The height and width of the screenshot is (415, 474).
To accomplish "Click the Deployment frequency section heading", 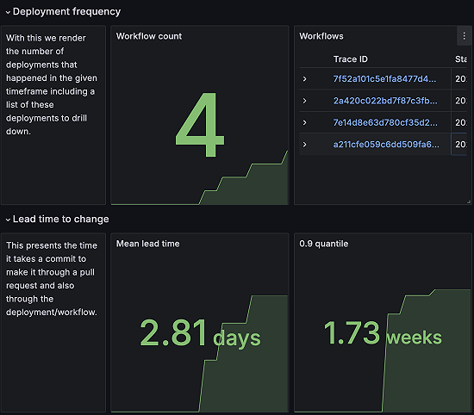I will (66, 12).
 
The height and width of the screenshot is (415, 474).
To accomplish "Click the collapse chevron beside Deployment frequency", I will (7, 12).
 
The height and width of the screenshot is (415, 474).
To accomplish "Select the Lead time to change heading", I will (60, 220).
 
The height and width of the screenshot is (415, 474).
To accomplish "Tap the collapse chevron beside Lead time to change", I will (7, 220).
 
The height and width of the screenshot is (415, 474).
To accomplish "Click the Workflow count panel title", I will (149, 36).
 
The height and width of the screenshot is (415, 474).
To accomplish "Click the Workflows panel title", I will (321, 36).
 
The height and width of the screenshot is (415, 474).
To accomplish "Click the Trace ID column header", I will (351, 59).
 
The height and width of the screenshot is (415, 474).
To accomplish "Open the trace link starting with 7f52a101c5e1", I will (384, 79).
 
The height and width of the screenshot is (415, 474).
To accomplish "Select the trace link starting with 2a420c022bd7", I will (384, 101).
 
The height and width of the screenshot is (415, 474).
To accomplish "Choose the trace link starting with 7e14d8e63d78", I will (384, 122).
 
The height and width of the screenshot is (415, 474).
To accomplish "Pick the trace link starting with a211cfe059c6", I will (384, 145).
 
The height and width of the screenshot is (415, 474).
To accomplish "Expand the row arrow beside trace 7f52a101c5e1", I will (305, 79).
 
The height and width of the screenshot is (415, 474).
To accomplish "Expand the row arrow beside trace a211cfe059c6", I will (305, 145).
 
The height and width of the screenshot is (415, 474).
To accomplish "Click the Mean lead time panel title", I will (147, 244).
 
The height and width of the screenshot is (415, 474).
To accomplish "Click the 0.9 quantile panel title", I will (323, 244).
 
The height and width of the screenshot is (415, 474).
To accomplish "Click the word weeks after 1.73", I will (414, 338).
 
